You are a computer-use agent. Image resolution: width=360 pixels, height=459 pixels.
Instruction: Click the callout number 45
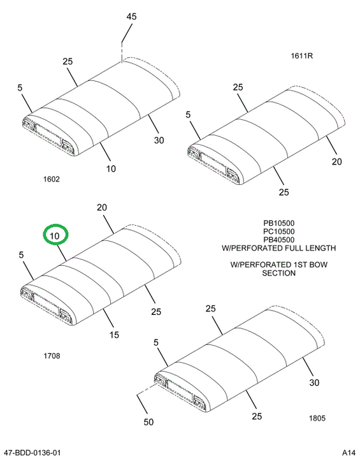coord(131,17)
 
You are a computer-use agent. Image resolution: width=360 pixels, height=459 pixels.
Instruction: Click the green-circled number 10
coord(55,236)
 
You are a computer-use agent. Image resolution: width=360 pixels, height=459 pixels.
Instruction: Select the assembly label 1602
coord(52,179)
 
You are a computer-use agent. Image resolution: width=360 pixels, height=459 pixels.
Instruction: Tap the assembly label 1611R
coord(301,55)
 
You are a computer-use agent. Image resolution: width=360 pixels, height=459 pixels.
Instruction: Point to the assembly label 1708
coord(52,356)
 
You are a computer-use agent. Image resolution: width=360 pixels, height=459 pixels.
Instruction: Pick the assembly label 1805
coord(317,418)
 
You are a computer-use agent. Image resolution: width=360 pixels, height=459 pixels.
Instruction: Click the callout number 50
coord(148,422)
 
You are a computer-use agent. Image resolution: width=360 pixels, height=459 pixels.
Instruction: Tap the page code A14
coord(349,453)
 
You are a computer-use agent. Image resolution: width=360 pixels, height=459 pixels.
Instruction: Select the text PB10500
coord(278,223)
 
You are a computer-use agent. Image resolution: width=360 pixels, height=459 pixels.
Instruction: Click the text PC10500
coord(278,231)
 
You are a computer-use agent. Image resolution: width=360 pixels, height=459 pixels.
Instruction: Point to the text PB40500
coord(278,240)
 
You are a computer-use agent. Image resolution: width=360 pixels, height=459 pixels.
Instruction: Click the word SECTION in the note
coord(278,273)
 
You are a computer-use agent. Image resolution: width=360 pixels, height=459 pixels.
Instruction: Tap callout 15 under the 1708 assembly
coord(114,335)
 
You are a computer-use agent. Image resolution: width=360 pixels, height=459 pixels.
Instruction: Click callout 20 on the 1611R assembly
coord(336,161)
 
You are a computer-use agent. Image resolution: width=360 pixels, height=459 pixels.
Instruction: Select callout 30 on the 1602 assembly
coord(159,140)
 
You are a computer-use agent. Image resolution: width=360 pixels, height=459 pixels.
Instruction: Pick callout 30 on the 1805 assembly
coord(314,382)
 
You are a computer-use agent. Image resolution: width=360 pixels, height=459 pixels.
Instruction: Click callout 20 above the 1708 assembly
coord(102,208)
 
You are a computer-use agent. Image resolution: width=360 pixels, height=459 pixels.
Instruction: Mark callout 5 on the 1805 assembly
coord(155,342)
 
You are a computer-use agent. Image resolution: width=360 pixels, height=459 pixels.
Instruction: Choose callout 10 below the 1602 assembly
coord(111,169)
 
